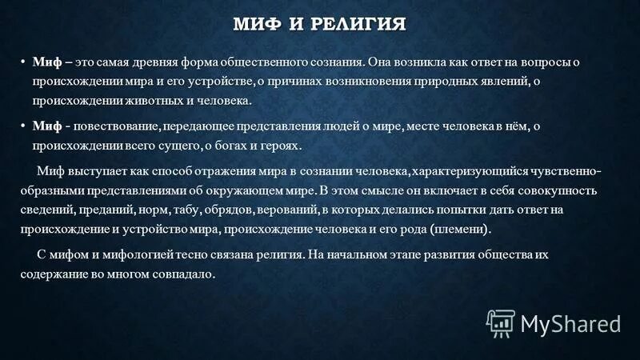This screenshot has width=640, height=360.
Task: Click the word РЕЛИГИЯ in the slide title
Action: [357, 23]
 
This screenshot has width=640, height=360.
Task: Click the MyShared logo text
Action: [570, 323]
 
